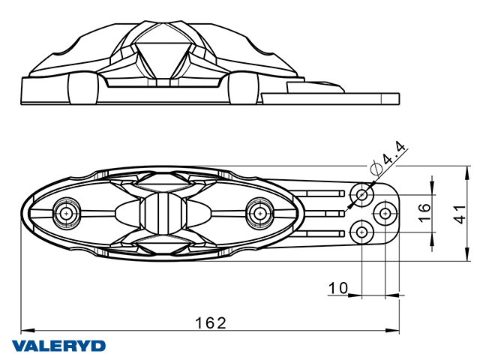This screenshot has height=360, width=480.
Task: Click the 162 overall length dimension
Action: coord(211,322)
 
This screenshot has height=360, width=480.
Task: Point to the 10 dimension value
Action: coord(338,287)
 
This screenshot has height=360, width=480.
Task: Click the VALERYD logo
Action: coord(58,346)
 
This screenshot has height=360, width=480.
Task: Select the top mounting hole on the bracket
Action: coord(363,195)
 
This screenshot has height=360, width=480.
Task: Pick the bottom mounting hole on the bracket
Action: coord(363,232)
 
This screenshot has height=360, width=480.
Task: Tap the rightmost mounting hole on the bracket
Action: coord(385,214)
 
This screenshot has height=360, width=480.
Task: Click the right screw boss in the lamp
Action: coord(261,213)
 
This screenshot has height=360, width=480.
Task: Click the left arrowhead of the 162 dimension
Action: coord(23,330)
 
